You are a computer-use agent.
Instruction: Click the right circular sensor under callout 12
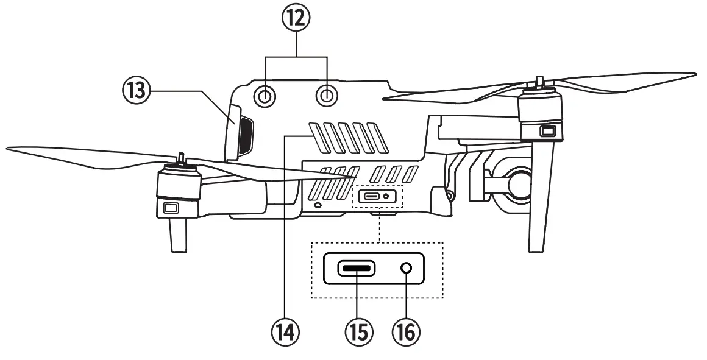click(x=327, y=95)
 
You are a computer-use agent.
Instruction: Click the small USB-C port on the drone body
click(x=372, y=196)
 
